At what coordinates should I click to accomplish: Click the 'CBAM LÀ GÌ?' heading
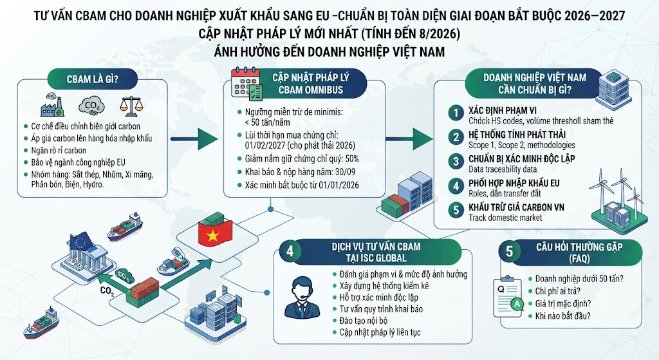[x=92, y=79]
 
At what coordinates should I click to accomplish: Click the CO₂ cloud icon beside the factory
[x=91, y=107]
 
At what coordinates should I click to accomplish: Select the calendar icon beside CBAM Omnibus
[x=246, y=84]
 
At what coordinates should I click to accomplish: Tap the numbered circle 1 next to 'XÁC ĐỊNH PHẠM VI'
[x=456, y=113]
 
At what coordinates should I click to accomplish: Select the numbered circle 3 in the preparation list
[x=456, y=162]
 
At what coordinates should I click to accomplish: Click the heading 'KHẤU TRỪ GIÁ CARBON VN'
[x=517, y=207]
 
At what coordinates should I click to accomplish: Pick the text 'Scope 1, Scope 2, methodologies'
[x=521, y=145]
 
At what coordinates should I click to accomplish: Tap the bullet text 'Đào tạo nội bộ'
[x=364, y=321]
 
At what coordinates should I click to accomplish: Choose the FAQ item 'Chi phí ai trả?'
[x=558, y=291]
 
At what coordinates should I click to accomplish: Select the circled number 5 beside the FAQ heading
[x=510, y=252]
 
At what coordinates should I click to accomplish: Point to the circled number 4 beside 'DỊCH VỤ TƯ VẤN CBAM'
[x=290, y=251]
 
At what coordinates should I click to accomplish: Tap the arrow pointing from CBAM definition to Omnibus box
[x=194, y=139]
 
